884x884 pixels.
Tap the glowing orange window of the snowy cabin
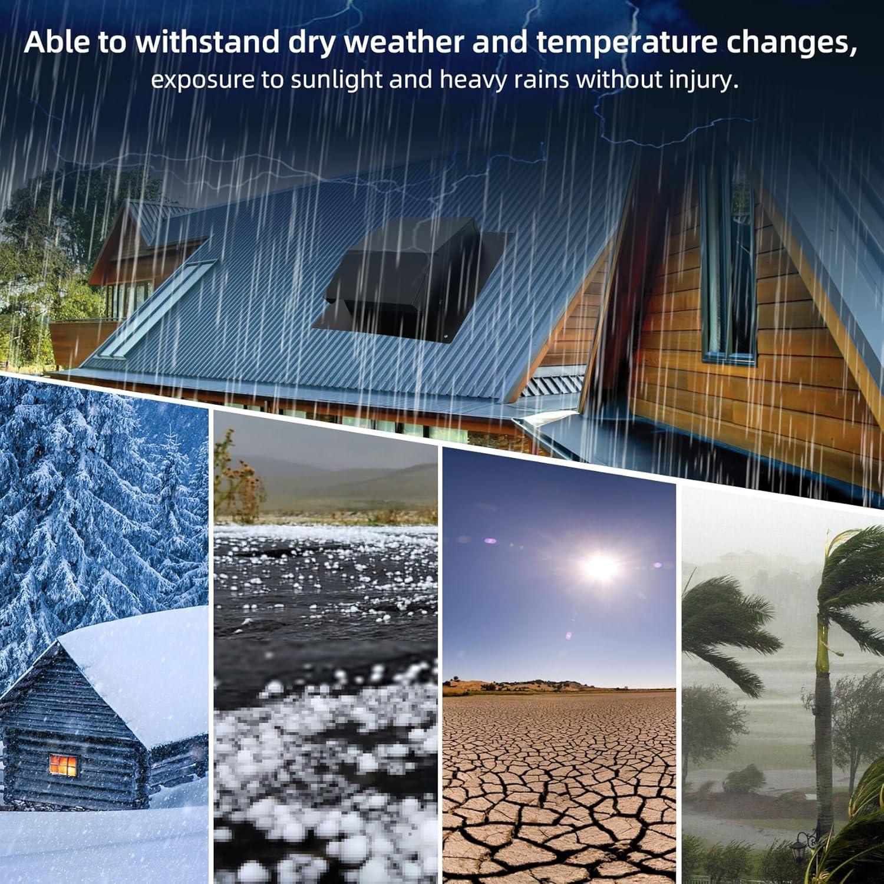pos(63,765)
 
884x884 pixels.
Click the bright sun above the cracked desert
pos(601,566)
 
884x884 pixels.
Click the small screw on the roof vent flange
pos(446,338)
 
